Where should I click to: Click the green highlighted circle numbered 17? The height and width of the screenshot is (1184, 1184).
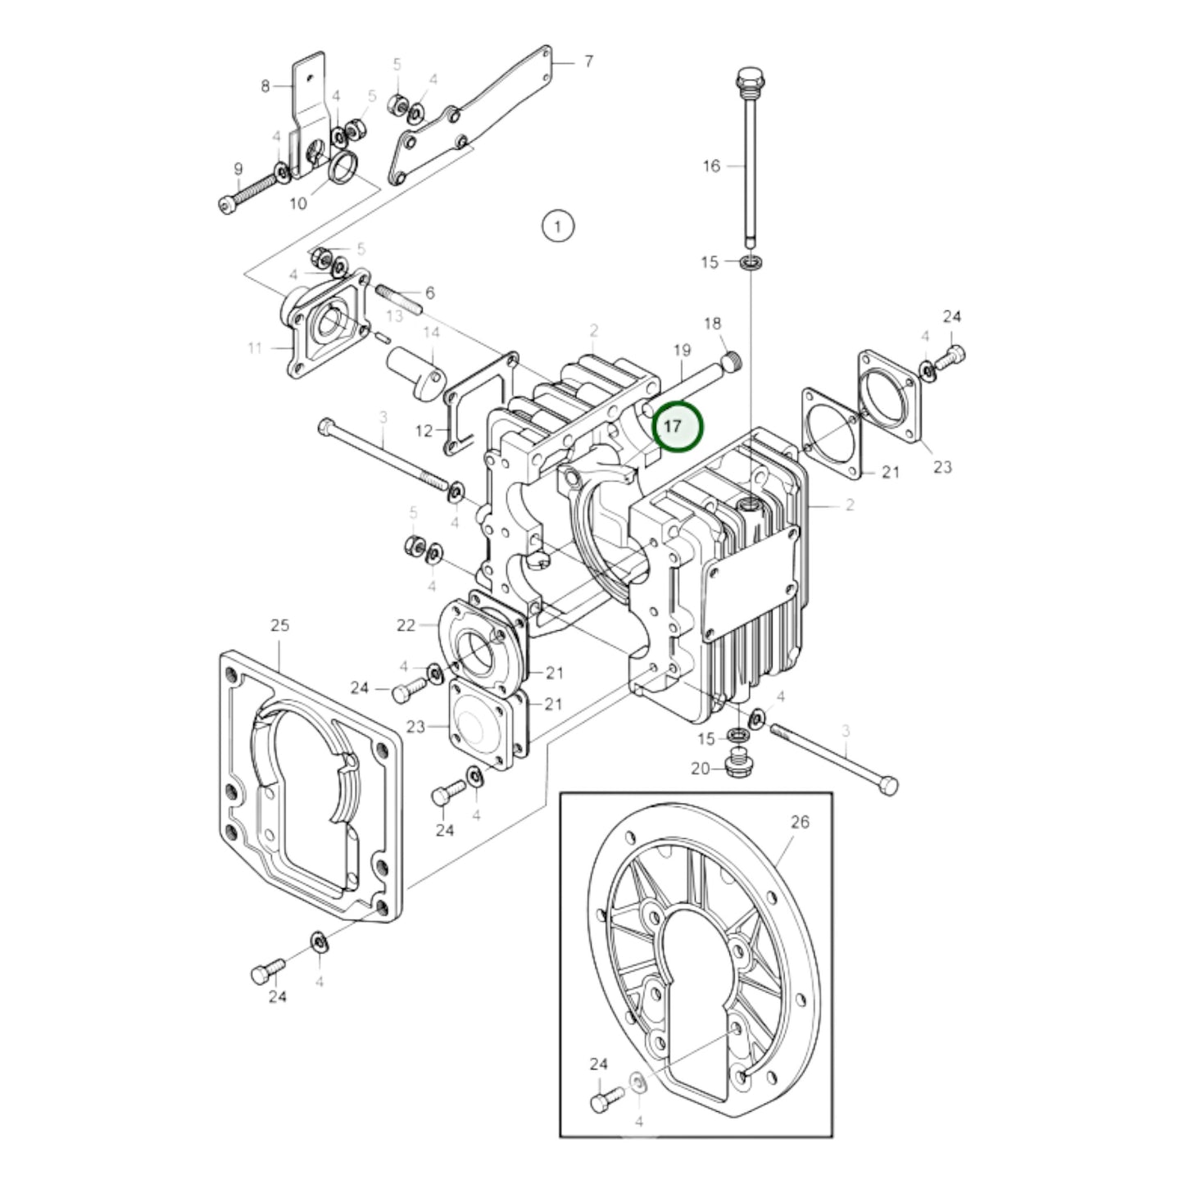[x=677, y=427]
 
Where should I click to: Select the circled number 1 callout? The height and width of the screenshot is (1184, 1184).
[x=558, y=225]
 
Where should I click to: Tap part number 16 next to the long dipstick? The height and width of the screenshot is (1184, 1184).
[x=711, y=166]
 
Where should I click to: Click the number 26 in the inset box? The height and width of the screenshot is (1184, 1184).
[x=800, y=821]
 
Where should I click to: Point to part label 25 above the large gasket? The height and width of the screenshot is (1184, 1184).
[x=280, y=625]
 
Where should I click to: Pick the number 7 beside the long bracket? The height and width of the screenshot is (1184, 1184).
[x=588, y=61]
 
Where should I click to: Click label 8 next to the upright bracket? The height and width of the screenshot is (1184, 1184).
[x=265, y=85]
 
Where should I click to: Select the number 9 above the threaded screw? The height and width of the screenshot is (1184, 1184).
[x=238, y=170]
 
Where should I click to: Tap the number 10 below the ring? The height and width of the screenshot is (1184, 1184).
[x=298, y=202]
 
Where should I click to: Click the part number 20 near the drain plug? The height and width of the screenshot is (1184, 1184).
[x=700, y=769]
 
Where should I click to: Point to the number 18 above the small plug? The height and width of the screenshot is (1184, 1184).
[x=712, y=324]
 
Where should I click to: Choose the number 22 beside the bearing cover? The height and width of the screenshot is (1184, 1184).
[x=406, y=625]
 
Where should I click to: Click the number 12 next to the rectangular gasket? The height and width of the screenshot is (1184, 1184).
[x=424, y=430]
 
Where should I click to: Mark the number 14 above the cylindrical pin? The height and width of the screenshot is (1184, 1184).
[x=431, y=333]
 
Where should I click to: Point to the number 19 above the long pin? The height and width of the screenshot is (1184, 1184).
[x=682, y=351]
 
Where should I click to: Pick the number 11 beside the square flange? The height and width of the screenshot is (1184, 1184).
[x=255, y=348]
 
